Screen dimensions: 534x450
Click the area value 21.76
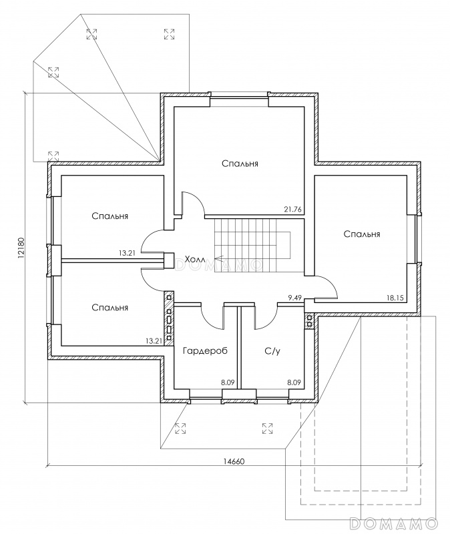coord(292,210)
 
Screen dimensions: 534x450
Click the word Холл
coord(195,258)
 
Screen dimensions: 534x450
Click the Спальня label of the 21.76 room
coord(240,163)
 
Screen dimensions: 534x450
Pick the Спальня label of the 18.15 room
coord(362,234)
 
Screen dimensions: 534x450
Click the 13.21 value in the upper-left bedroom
coord(126,254)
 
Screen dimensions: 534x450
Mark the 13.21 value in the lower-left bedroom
coord(154,340)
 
